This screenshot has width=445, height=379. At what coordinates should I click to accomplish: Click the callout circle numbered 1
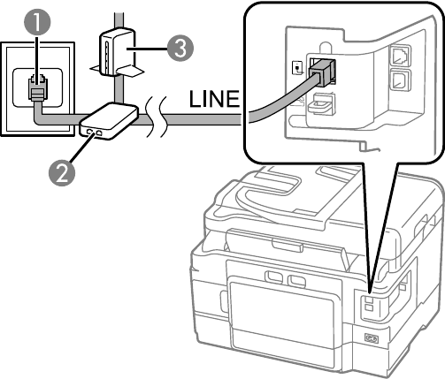[37, 22]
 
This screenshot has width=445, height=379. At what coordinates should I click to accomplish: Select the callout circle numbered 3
[180, 49]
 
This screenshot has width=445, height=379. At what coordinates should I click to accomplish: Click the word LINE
[214, 99]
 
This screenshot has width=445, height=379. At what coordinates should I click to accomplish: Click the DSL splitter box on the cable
[109, 121]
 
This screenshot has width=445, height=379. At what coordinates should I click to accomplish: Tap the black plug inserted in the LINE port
[322, 72]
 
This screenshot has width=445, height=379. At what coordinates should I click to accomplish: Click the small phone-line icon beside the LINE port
[297, 68]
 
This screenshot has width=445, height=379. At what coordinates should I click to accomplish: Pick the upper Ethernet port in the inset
[400, 55]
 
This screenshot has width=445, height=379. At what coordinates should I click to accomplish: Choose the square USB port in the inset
[400, 80]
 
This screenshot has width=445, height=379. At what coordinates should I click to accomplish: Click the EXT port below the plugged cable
[319, 103]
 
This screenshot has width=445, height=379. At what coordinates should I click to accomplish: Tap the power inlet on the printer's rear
[372, 338]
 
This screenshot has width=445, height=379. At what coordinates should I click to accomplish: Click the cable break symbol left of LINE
[156, 117]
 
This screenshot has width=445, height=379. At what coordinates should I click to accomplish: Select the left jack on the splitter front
[88, 132]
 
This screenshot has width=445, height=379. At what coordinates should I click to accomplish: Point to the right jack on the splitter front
[100, 133]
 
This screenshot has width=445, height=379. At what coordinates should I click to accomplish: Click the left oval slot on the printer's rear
[274, 277]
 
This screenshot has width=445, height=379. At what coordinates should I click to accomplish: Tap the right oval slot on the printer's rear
[296, 281]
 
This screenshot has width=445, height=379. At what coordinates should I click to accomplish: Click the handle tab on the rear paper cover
[288, 246]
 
